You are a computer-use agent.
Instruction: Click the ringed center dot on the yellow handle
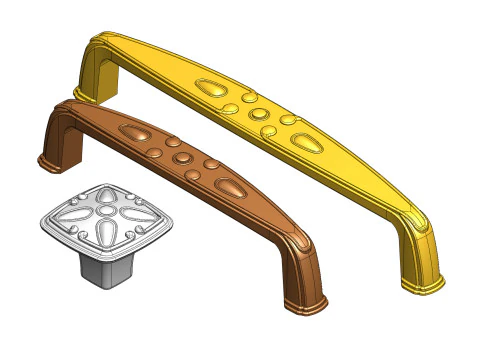tap(257, 112)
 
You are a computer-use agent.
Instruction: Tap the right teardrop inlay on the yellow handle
tap(304, 138)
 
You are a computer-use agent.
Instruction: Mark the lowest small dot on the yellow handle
tap(267, 131)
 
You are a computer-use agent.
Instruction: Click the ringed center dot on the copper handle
tap(182, 158)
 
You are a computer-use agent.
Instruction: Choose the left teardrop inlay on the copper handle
tap(135, 131)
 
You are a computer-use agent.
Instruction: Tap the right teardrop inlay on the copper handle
tap(231, 186)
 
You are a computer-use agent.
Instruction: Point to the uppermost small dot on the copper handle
tap(173, 141)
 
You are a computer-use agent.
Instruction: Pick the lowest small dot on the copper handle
tap(192, 177)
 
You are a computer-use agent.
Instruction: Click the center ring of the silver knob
tap(107, 213)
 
